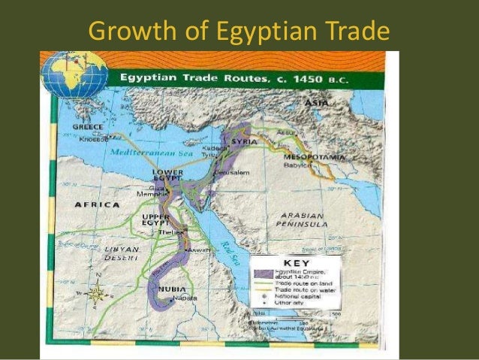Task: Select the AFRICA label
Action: [x=96, y=204]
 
